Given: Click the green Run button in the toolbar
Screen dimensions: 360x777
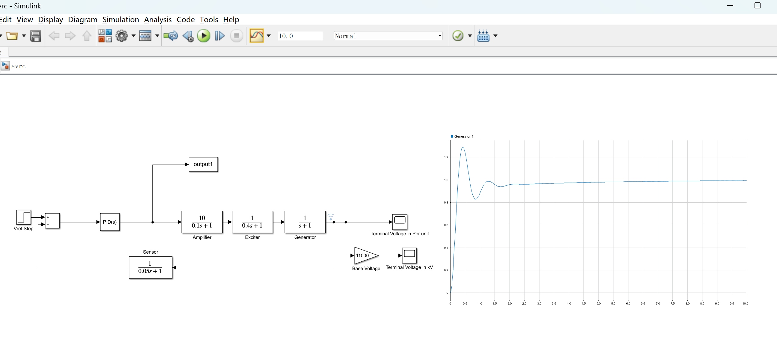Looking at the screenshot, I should pos(204,36).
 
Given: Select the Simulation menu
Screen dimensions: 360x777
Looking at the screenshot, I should pos(120,19).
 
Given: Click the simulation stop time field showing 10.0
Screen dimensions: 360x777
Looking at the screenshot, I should pos(300,36).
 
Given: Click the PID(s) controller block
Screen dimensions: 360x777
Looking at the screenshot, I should pos(110,222).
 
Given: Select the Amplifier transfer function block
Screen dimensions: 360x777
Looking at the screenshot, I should pos(202,222).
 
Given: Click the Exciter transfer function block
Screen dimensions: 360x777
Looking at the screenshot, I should pos(252,222).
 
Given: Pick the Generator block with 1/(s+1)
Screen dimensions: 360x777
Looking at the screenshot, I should pos(305,222).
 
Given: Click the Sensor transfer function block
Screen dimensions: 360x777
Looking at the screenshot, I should pos(150,268).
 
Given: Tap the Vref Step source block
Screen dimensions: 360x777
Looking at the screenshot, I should pos(24,217).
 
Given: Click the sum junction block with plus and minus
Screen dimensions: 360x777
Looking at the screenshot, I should pos(52,221).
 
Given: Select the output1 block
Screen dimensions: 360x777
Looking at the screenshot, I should pos(203,165).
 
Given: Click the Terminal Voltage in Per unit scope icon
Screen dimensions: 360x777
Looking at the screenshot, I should pos(400,222).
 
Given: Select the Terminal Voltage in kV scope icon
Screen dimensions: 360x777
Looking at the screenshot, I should pos(409,255).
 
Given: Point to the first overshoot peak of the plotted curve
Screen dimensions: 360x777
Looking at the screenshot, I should pos(463,147).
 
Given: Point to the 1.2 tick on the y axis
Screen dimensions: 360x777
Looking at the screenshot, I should pos(446,157).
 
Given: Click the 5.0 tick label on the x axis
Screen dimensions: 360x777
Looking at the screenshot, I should pos(598,304).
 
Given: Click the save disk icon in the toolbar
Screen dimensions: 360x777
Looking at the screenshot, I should pos(36,36).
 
